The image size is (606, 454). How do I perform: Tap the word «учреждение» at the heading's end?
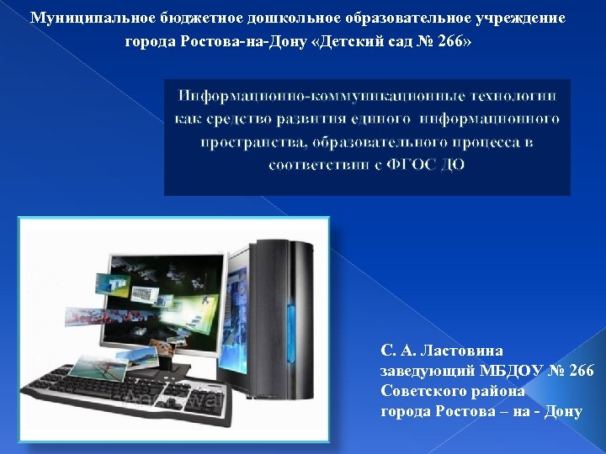[x=521, y=18]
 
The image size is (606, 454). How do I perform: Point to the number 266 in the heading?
[x=454, y=41]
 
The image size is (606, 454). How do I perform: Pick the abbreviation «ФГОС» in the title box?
[x=414, y=165]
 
